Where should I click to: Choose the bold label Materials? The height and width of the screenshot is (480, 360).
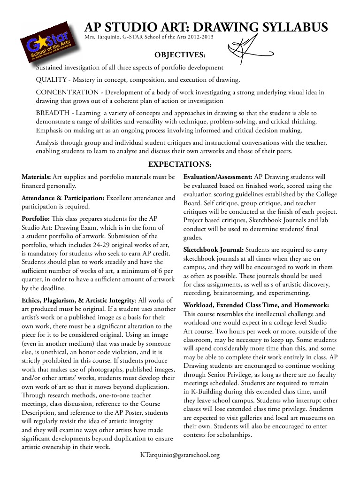click(37, 177)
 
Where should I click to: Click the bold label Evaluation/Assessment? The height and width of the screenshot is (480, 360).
click(218, 177)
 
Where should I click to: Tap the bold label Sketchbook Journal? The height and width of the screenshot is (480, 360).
click(213, 250)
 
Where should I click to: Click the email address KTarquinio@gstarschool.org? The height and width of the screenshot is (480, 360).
click(180, 455)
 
